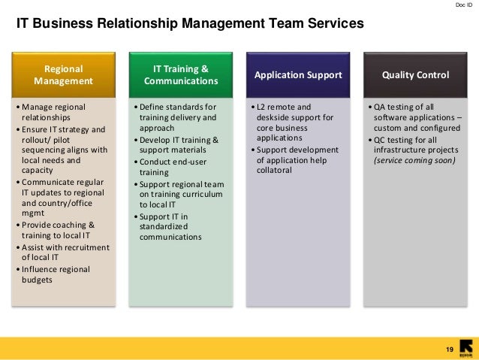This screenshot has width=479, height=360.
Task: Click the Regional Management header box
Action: pos(63,74)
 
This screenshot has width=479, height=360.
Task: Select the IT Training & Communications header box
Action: pos(180,74)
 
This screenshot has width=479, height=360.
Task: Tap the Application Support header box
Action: pos(298,75)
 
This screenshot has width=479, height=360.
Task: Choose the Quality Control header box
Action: pos(415,75)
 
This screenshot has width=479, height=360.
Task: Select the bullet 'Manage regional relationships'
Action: pos(55,112)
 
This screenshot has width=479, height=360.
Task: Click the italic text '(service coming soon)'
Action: pos(414,159)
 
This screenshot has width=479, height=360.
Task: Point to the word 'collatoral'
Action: pos(279,171)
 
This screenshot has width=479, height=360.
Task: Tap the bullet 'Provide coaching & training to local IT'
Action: pos(59,230)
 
